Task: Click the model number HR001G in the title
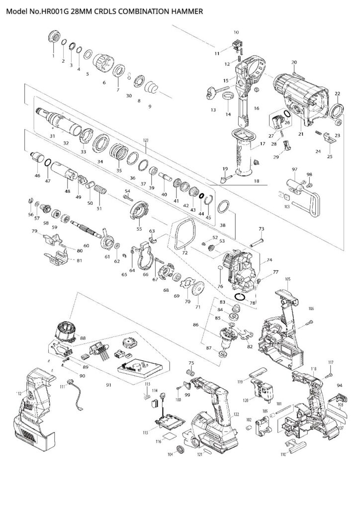(x=55, y=9)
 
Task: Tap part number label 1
(x=53, y=56)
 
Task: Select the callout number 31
(x=53, y=136)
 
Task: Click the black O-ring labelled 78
(x=240, y=297)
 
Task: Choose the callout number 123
(x=146, y=141)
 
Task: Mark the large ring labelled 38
(x=223, y=206)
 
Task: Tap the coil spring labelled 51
(x=101, y=191)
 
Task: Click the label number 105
(x=287, y=279)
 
